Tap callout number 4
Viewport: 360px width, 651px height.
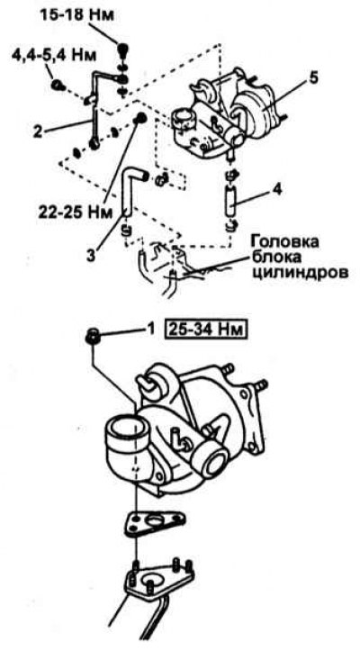coord(278,191)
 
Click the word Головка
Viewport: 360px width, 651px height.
coord(284,242)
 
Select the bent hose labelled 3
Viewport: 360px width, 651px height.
coord(131,189)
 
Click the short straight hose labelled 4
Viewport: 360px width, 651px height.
coord(231,201)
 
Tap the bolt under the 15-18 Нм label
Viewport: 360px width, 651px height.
coord(123,50)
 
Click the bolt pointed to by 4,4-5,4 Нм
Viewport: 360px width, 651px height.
coord(58,86)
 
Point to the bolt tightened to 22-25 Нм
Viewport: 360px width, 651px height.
coord(140,118)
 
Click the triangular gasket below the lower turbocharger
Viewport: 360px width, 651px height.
coord(155,524)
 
